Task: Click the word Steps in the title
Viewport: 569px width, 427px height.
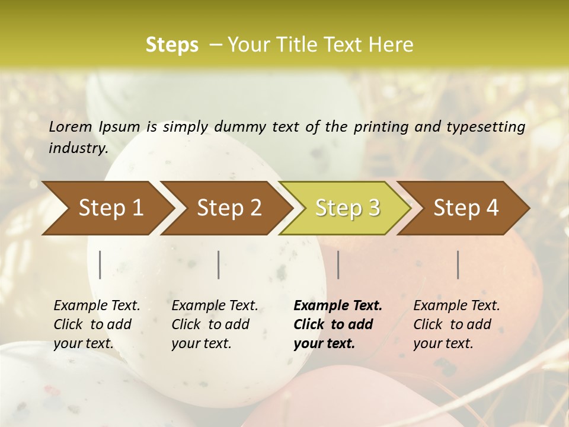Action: (x=172, y=45)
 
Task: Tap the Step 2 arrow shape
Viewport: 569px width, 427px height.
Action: (x=229, y=208)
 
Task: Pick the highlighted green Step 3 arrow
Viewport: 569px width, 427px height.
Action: (x=347, y=208)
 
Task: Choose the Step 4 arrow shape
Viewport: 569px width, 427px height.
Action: (x=466, y=208)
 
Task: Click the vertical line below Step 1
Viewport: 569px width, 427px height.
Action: (x=100, y=265)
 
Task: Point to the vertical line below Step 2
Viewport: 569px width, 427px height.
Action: (x=219, y=265)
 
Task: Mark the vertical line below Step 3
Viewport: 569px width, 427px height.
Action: (x=338, y=265)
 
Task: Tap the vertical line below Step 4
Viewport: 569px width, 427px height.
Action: (x=458, y=265)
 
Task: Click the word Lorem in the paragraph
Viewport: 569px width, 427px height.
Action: (x=71, y=126)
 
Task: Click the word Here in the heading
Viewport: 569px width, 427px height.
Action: (x=391, y=45)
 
